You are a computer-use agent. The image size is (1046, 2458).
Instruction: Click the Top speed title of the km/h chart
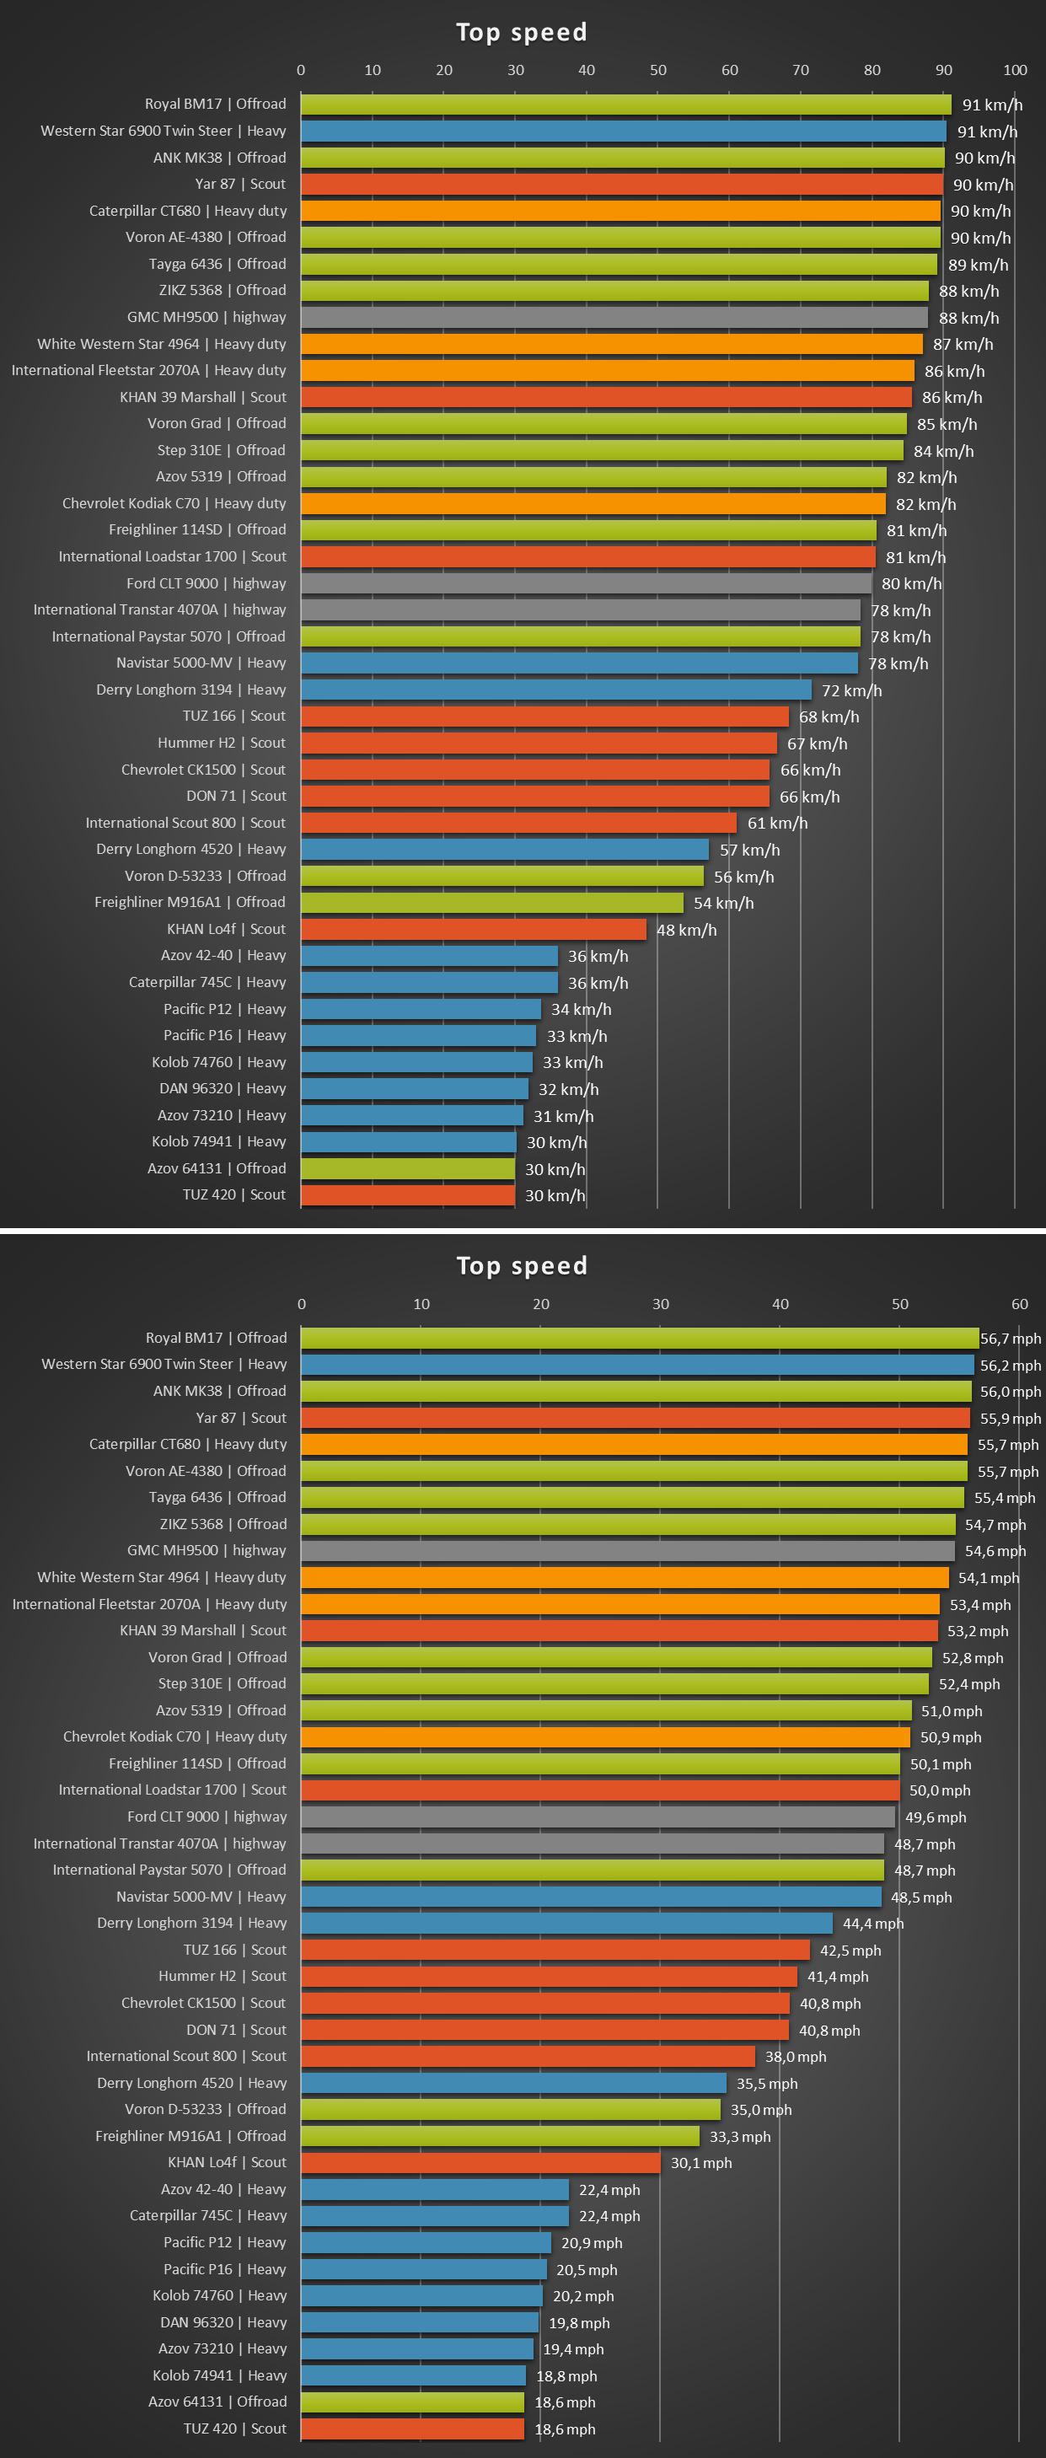(521, 32)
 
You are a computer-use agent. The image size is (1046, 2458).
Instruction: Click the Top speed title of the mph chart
(521, 1266)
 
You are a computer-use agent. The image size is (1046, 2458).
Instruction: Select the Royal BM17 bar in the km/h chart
(625, 104)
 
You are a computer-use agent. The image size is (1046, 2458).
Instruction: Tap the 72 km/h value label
(851, 690)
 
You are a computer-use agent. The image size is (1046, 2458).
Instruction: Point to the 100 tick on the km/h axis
(1015, 70)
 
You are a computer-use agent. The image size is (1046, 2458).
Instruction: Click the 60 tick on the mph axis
(1019, 1303)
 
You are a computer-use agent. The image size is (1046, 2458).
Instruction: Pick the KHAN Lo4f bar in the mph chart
(480, 2162)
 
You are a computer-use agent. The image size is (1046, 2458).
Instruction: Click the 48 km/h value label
(686, 930)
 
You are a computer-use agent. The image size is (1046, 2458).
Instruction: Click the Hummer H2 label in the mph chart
(222, 1976)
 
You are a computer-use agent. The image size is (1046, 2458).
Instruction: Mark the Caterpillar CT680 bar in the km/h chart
(620, 211)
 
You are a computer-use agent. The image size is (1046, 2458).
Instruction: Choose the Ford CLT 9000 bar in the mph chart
(598, 1817)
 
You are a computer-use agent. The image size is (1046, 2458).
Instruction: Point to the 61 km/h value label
(777, 823)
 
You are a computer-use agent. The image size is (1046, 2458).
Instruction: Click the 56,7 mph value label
(1010, 1339)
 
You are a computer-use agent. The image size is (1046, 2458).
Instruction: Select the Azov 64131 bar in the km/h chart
(407, 1168)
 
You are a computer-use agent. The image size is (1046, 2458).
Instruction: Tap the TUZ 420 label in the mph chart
(233, 2428)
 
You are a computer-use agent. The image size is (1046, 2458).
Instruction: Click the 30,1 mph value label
(700, 2163)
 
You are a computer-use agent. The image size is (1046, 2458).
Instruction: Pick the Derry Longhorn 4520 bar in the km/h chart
(505, 849)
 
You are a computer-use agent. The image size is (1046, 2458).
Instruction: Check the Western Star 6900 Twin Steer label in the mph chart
(164, 1365)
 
